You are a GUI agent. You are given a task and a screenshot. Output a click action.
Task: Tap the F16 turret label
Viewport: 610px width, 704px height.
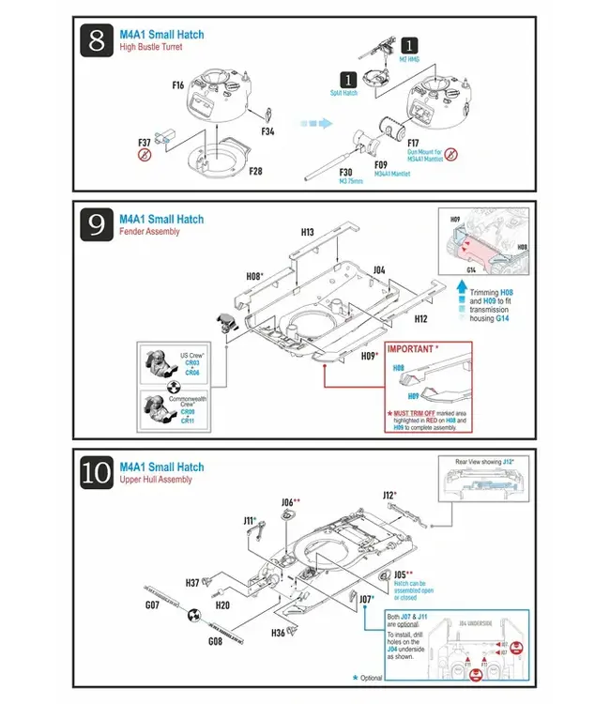tap(178, 85)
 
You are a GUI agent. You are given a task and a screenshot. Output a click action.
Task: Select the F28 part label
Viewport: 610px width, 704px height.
tap(255, 172)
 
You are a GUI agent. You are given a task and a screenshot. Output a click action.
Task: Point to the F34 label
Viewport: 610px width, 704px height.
tap(267, 131)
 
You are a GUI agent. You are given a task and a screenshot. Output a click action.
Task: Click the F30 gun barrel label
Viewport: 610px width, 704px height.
tap(345, 171)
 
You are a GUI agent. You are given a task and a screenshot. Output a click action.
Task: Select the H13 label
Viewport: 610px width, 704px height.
tap(307, 232)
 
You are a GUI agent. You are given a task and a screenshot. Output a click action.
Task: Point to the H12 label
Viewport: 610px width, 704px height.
tap(420, 319)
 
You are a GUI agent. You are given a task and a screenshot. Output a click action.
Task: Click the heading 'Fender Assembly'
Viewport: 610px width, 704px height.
tap(149, 232)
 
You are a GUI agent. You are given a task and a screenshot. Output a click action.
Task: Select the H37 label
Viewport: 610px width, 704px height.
tap(192, 582)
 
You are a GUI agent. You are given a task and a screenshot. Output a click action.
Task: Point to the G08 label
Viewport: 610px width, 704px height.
tap(215, 640)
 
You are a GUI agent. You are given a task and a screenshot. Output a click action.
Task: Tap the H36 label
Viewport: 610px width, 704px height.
tap(279, 633)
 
